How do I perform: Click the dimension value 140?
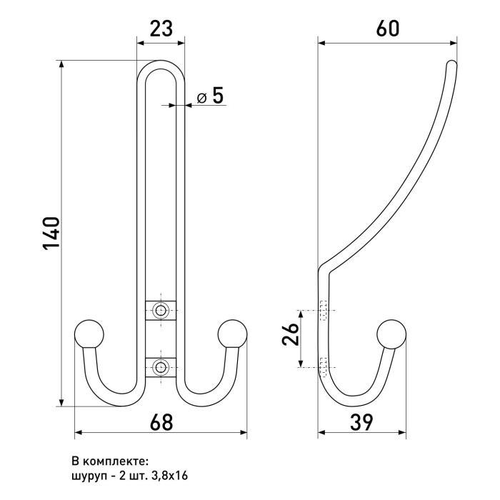coord(51,234)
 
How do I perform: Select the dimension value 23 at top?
coord(161,29)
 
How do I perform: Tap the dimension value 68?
coord(161,422)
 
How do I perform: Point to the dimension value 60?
coord(387,29)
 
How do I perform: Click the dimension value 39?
coord(361,422)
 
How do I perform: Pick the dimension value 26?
coord(291,334)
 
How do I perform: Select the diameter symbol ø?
coord(201,98)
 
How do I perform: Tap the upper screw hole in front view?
coord(161,309)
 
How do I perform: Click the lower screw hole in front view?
coord(161,367)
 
